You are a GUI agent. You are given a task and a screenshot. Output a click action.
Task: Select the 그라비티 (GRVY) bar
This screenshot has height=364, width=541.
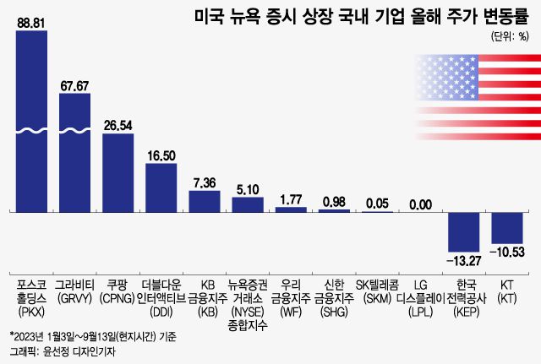pyautogui.click(x=74, y=152)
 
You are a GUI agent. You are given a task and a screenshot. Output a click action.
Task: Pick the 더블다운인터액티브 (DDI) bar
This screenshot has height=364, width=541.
pyautogui.click(x=161, y=187)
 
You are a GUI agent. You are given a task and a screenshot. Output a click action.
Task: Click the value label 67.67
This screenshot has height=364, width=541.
pyautogui.click(x=74, y=84)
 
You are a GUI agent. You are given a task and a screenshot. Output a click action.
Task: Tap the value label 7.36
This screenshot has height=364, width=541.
pyautogui.click(x=204, y=182)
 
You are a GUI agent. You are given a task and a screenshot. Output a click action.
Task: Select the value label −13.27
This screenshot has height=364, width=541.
pyautogui.click(x=463, y=258)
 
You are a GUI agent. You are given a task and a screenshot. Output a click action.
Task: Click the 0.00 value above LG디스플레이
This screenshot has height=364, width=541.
pyautogui.click(x=420, y=204)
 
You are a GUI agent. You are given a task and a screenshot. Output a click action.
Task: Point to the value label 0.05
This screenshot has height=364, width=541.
pyautogui.click(x=377, y=203)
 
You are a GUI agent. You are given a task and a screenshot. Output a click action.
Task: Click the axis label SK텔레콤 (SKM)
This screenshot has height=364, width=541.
pyautogui.click(x=377, y=292)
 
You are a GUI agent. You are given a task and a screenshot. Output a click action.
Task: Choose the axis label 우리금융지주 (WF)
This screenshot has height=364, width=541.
pyautogui.click(x=290, y=292)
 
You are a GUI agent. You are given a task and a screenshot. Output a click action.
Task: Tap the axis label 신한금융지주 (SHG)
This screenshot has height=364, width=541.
pyautogui.click(x=334, y=292)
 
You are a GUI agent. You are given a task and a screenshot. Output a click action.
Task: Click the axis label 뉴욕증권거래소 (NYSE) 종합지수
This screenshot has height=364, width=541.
pyautogui.click(x=247, y=298)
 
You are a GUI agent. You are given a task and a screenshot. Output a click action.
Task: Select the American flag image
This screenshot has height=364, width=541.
pyautogui.click(x=476, y=93)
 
